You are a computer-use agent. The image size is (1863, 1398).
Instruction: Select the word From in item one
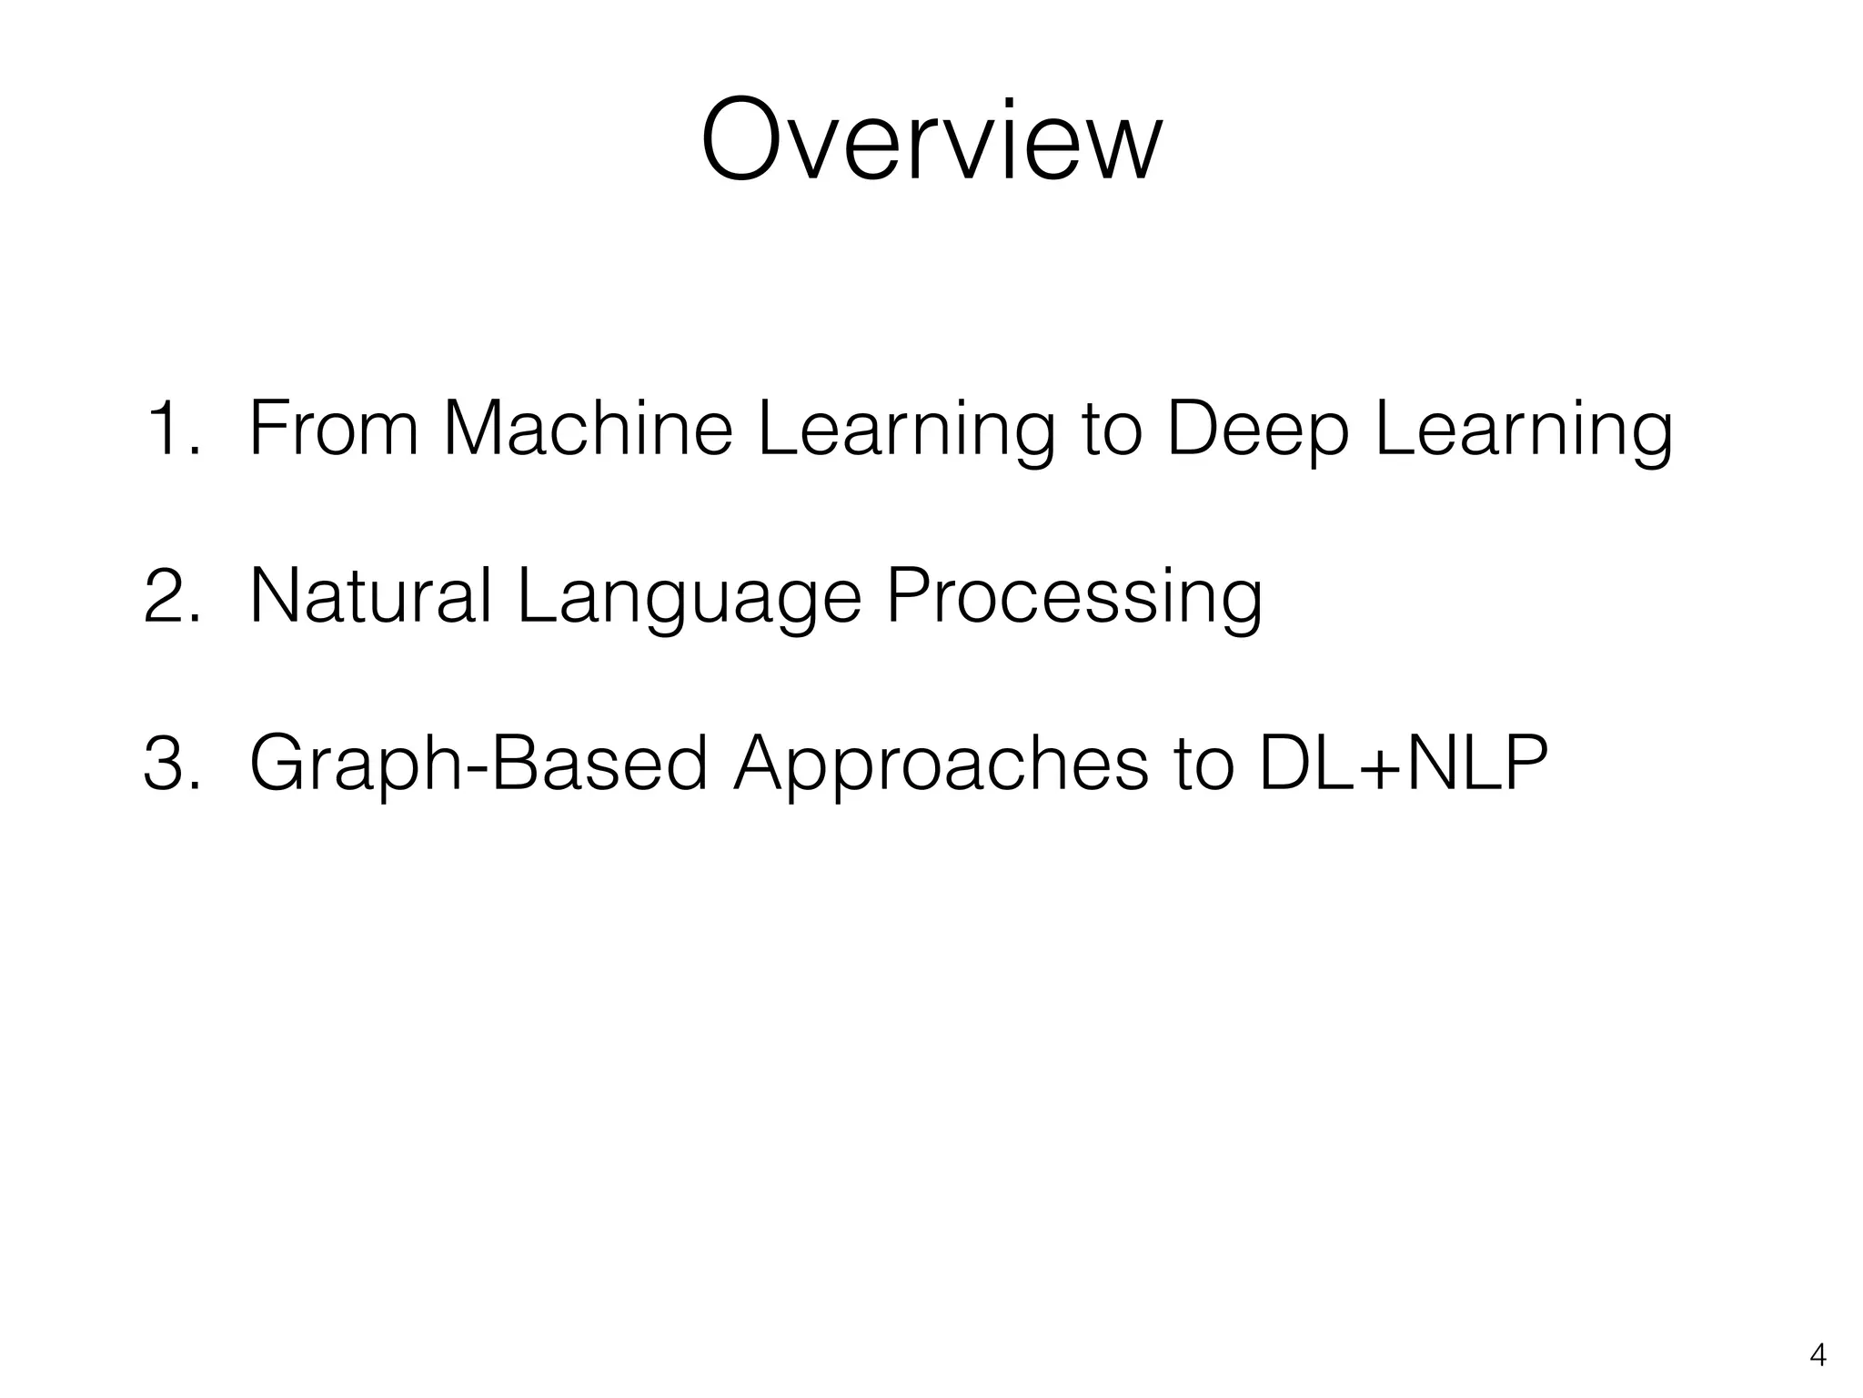pyautogui.click(x=333, y=430)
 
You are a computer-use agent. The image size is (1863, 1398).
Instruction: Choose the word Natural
pyautogui.click(x=370, y=596)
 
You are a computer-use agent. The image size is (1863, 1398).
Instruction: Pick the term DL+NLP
pyautogui.click(x=1401, y=765)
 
